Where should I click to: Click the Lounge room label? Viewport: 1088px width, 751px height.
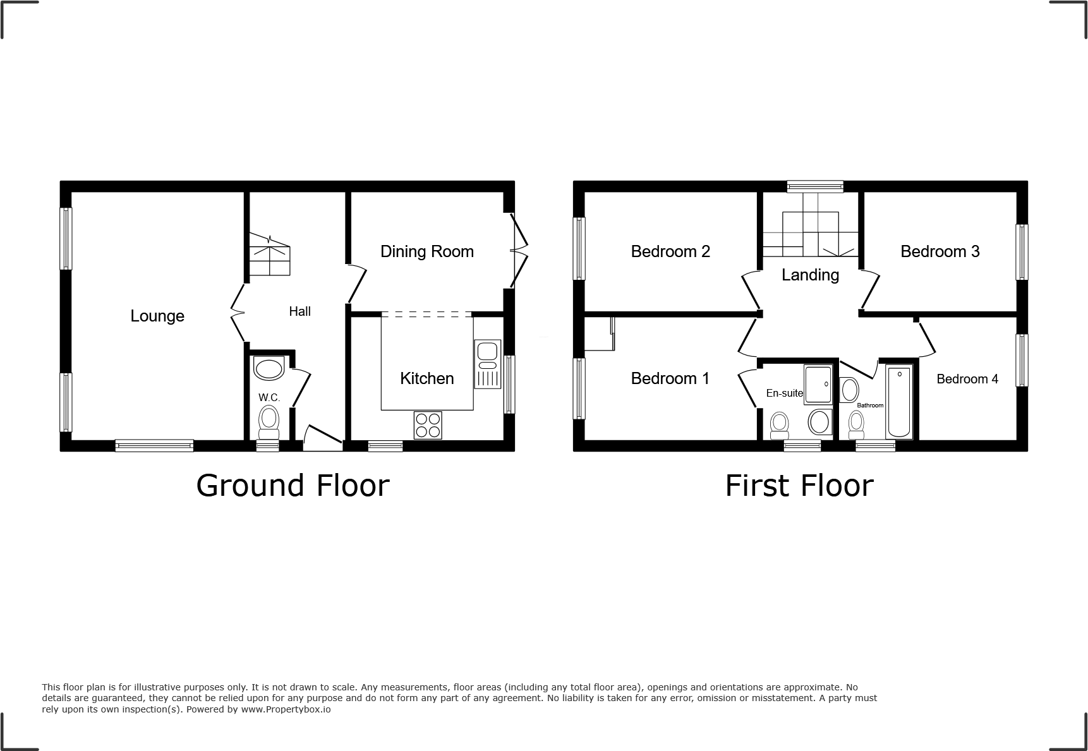click(x=157, y=316)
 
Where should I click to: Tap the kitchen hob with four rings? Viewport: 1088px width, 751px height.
click(x=428, y=424)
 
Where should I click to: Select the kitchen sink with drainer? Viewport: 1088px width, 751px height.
click(x=488, y=364)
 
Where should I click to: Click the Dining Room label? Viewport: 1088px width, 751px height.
click(x=426, y=251)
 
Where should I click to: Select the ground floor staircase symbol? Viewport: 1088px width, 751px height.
click(x=270, y=254)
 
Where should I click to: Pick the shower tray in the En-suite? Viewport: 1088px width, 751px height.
click(x=819, y=384)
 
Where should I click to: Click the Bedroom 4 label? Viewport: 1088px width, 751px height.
click(x=967, y=379)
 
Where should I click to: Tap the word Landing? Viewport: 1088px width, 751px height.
click(x=810, y=275)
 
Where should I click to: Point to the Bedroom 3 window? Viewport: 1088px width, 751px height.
click(x=1022, y=251)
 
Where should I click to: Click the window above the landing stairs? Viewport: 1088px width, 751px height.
click(x=815, y=186)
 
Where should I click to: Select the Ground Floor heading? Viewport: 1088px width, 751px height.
click(x=293, y=485)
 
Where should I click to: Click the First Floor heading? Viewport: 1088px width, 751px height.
click(x=799, y=485)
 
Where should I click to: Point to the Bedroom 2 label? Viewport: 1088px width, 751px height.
click(x=670, y=251)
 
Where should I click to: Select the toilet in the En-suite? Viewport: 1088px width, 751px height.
click(x=780, y=424)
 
